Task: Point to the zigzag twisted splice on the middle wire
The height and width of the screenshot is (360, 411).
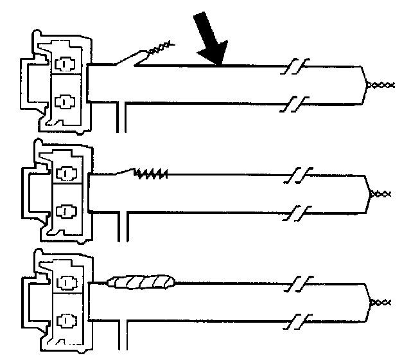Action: click(151, 172)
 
